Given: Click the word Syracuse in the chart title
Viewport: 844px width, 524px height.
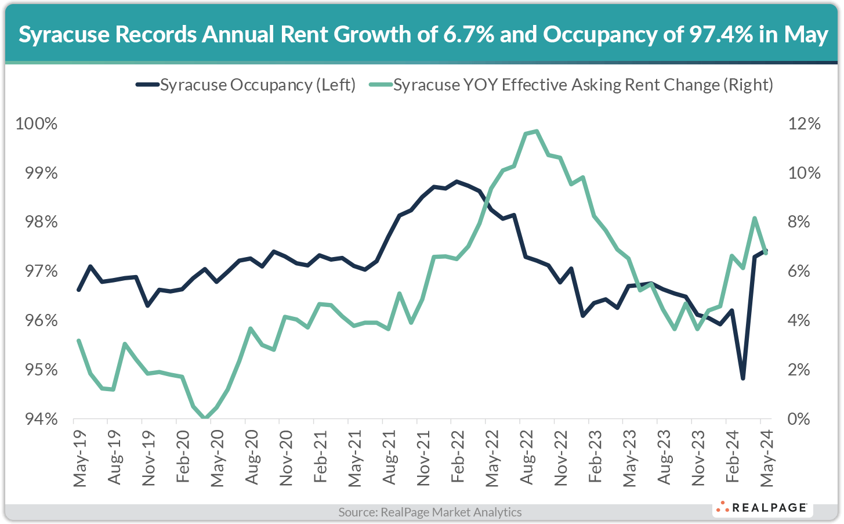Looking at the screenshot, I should (x=64, y=35).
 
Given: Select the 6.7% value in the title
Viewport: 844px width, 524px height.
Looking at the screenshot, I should (x=468, y=35).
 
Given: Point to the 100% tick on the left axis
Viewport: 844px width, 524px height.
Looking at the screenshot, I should (x=36, y=124).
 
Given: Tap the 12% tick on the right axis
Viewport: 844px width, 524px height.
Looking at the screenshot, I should (x=804, y=124).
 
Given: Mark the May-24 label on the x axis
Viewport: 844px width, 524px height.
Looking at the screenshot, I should (x=767, y=458).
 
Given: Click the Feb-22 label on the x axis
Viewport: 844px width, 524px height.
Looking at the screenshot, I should (x=458, y=458).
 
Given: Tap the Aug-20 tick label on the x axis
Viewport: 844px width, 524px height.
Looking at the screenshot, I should (x=251, y=458).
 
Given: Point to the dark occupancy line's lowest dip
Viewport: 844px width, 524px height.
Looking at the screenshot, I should (x=742, y=378).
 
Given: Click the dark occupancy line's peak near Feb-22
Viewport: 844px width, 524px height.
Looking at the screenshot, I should (x=457, y=182).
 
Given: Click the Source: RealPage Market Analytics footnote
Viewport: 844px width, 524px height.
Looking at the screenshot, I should (x=430, y=512).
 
